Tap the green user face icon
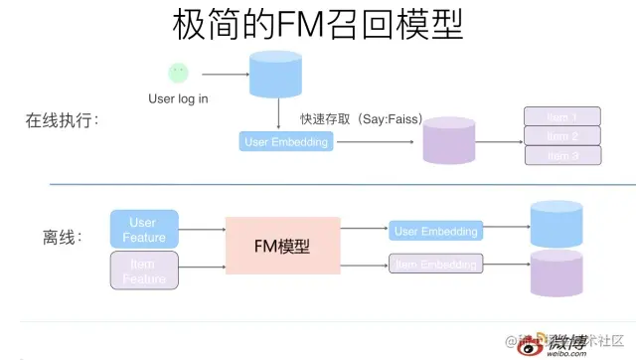click(x=178, y=73)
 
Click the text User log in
click(x=179, y=98)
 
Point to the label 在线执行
click(x=64, y=121)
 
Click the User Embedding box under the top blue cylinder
click(x=285, y=142)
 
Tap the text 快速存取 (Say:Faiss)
click(x=362, y=119)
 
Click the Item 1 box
click(x=562, y=115)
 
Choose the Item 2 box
click(x=562, y=135)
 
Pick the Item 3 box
click(x=562, y=155)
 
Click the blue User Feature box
click(x=144, y=229)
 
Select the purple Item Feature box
click(x=144, y=271)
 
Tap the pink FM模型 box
click(x=283, y=246)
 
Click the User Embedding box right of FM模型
click(x=435, y=231)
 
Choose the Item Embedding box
click(x=435, y=264)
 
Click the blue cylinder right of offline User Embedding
click(x=556, y=224)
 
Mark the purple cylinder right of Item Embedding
click(x=556, y=273)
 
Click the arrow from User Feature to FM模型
click(x=203, y=231)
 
